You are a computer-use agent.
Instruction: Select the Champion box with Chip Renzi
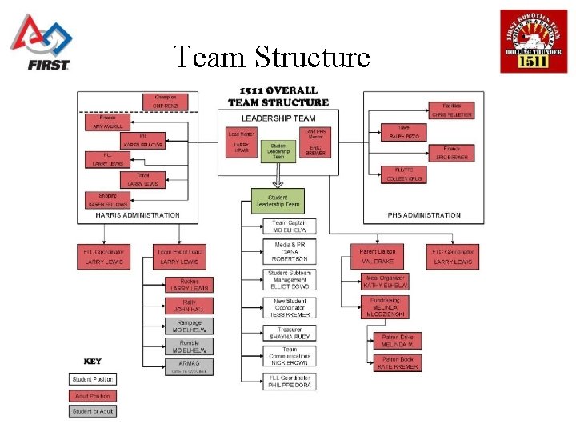[x=165, y=102]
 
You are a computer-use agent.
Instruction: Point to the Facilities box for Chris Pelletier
[x=452, y=110]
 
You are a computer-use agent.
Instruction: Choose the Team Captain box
[x=290, y=226]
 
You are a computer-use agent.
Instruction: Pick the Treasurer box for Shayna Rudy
[x=290, y=333]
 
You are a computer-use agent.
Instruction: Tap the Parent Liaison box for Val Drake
[x=378, y=256]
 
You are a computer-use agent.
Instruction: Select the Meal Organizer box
[x=385, y=281]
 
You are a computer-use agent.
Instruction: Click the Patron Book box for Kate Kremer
[x=398, y=362]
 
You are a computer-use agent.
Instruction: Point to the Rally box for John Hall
[x=190, y=306]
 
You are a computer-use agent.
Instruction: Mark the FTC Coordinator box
[x=454, y=256]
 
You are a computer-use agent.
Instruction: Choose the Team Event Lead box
[x=178, y=256]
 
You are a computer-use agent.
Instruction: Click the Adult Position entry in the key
[x=92, y=395]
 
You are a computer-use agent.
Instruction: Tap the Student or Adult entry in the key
[x=92, y=411]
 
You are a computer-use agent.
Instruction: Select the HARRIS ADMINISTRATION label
[x=138, y=214]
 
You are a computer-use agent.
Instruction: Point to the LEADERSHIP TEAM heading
[x=278, y=118]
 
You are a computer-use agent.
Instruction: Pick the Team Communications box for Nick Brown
[x=290, y=357]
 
